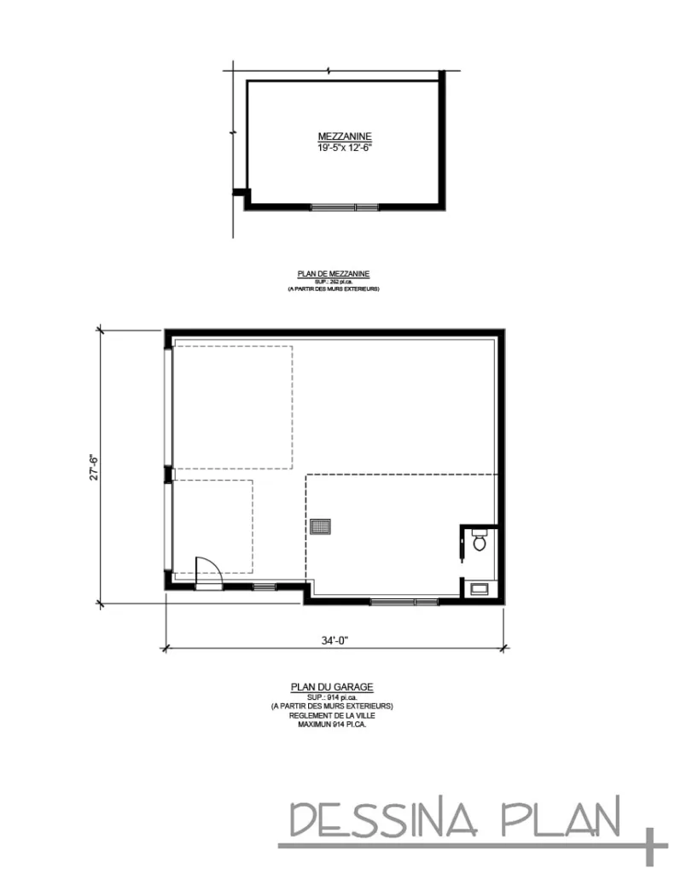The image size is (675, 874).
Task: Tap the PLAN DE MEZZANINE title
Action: [333, 274]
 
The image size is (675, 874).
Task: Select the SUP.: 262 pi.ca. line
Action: [333, 282]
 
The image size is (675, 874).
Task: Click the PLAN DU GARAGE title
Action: [332, 687]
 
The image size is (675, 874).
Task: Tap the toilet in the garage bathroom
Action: [479, 539]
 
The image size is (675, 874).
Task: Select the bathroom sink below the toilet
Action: [479, 587]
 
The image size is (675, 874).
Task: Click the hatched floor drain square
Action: [321, 527]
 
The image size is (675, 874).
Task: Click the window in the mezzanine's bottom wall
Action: [344, 206]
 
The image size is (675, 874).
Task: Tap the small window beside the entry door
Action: [264, 586]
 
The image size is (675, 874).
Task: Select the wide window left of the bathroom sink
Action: [404, 602]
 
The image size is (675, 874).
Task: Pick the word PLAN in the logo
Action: [560, 820]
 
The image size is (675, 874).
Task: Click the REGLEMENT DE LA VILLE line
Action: [332, 715]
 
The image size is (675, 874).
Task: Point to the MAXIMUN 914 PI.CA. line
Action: [332, 724]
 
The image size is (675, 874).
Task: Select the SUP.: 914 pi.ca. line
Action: [332, 697]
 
